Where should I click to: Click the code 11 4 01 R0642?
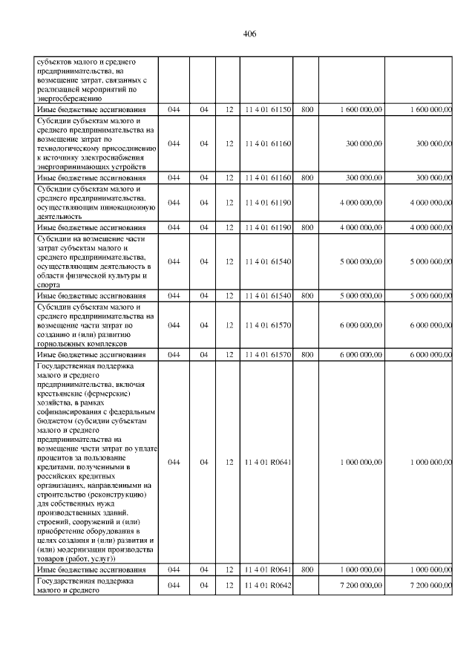267,585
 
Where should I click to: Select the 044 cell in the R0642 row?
174,585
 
